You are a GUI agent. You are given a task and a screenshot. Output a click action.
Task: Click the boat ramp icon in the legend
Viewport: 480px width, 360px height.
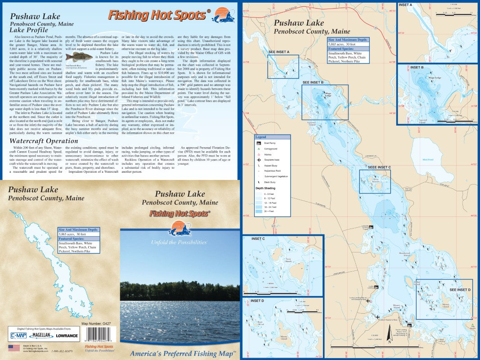pyautogui.click(x=260, y=143)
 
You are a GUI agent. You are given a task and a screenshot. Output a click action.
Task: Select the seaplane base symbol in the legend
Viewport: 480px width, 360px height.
pyautogui.click(x=260, y=160)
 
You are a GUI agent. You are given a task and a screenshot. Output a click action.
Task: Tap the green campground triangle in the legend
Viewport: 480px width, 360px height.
pyautogui.click(x=260, y=148)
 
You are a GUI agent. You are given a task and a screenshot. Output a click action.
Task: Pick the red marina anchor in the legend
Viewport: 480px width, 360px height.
pyautogui.click(x=260, y=154)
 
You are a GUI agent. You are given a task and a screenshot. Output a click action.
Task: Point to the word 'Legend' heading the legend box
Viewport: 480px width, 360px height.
pyautogui.click(x=261, y=137)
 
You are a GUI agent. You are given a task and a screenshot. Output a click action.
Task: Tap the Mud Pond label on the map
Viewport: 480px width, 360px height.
pyautogui.click(x=428, y=159)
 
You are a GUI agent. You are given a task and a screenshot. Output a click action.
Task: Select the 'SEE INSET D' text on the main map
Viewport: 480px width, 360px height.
pyautogui.click(x=460, y=290)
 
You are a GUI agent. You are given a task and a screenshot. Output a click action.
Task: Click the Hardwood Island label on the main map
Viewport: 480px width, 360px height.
pyautogui.click(x=404, y=253)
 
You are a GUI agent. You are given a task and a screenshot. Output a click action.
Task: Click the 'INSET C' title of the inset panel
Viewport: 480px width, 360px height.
pyautogui.click(x=258, y=238)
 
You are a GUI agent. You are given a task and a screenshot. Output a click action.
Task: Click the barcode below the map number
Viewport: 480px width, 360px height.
pyautogui.click(x=100, y=336)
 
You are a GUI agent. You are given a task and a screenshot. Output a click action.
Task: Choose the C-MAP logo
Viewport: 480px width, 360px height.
pyautogui.click(x=18, y=335)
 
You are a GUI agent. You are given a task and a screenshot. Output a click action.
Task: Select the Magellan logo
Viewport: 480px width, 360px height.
pyautogui.click(x=42, y=336)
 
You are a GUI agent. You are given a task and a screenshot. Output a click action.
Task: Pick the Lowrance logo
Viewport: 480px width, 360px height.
pyautogui.click(x=67, y=336)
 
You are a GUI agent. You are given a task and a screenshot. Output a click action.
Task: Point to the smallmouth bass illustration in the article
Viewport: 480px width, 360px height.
pyautogui.click(x=76, y=57)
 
